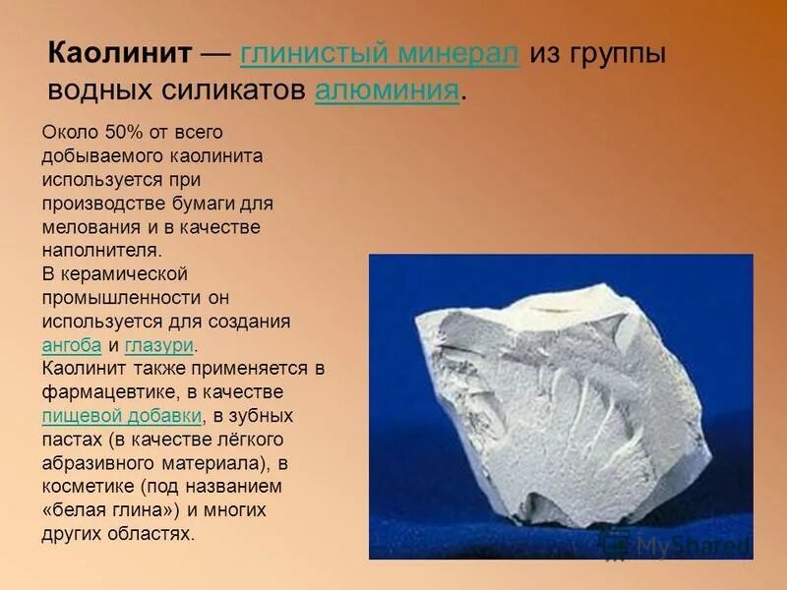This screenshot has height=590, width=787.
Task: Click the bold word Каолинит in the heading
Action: (x=121, y=54)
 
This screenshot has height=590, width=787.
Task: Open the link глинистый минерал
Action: (x=379, y=54)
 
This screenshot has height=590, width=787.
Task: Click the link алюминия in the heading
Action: (x=388, y=91)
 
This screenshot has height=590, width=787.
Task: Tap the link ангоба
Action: (x=71, y=345)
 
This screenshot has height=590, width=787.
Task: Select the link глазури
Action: (x=159, y=345)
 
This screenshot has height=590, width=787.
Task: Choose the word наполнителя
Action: (x=100, y=251)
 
